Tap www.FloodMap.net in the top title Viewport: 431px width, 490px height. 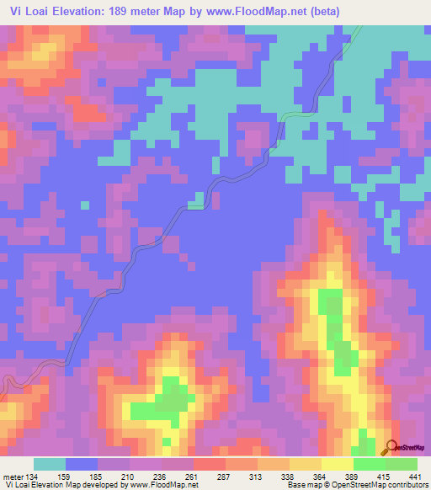(274, 10)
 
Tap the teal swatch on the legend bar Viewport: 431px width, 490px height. (50, 464)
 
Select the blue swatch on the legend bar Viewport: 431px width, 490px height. (82, 464)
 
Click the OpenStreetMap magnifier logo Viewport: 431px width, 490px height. (391, 446)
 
